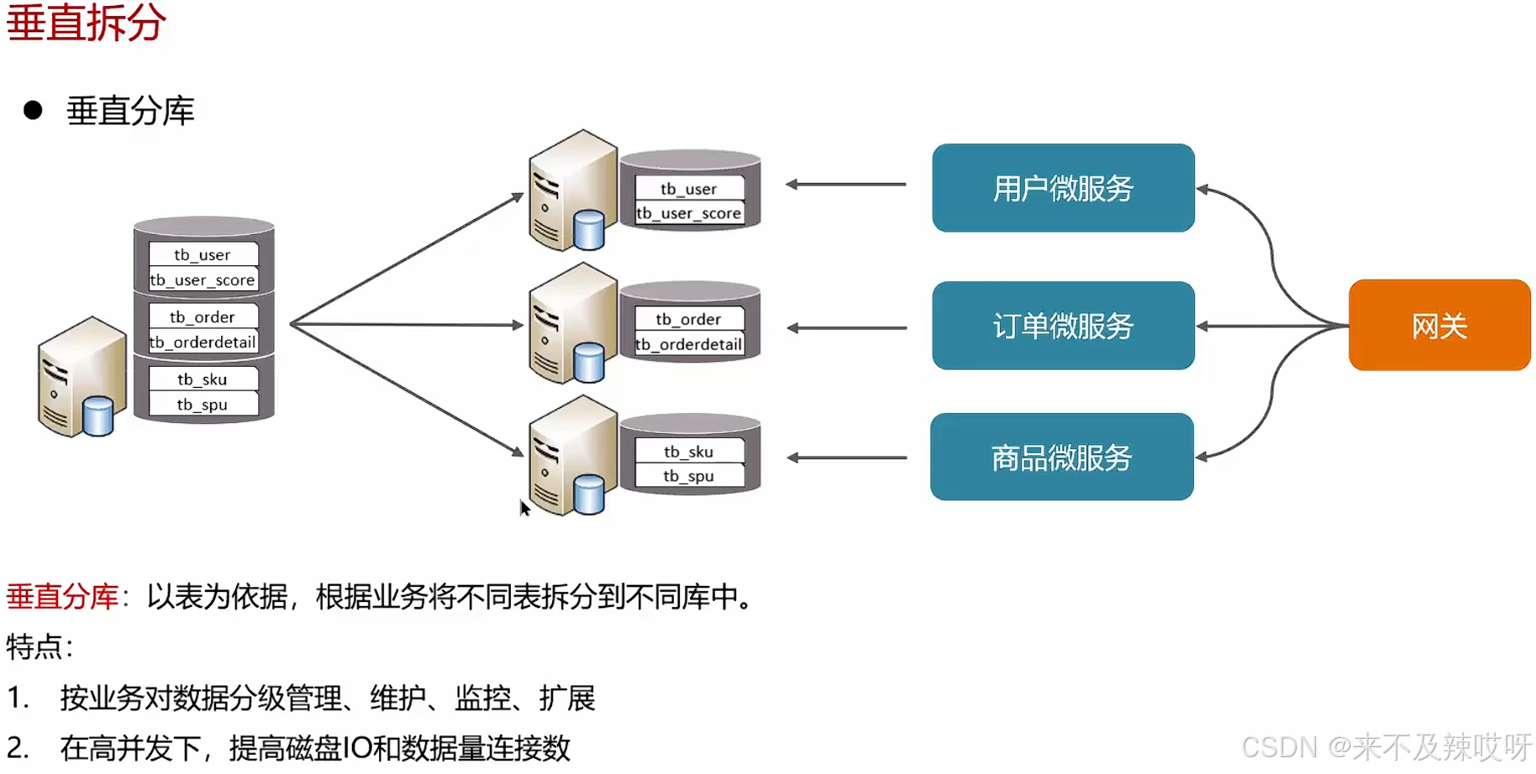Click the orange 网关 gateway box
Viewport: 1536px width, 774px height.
pos(1439,325)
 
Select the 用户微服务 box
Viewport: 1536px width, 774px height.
pos(1063,188)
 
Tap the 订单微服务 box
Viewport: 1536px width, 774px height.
pos(1063,326)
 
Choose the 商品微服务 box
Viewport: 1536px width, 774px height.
pos(1061,458)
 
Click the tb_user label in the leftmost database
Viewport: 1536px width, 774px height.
pos(203,254)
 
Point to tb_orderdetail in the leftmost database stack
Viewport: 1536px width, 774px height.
pos(203,342)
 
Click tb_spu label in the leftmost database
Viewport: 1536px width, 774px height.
pos(203,405)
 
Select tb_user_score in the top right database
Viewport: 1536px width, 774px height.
pos(689,213)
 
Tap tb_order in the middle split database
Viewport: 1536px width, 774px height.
pos(688,319)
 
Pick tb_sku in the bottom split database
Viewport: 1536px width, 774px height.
pos(688,452)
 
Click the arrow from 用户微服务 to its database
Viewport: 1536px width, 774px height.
pos(845,184)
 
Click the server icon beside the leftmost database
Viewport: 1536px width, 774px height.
pos(80,378)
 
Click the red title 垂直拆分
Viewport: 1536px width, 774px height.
pos(86,22)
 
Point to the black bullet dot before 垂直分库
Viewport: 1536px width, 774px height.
pos(33,110)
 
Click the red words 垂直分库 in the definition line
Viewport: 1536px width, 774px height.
pos(62,597)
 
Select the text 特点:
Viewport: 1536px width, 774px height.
pos(39,647)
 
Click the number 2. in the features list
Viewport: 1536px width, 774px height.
pos(18,747)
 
